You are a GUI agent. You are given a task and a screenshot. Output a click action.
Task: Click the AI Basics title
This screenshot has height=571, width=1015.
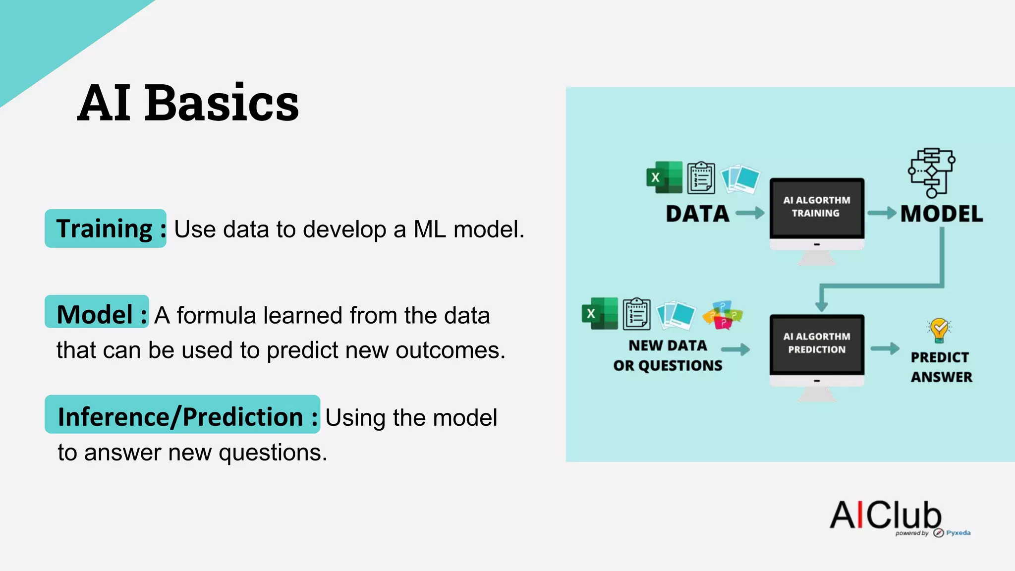(188, 103)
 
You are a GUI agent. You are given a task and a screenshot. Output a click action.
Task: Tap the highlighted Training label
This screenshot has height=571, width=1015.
(106, 229)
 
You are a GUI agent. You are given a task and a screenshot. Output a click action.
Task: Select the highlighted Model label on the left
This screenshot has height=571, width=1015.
(97, 313)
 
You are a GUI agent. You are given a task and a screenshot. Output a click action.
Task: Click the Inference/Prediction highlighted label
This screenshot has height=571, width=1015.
(182, 415)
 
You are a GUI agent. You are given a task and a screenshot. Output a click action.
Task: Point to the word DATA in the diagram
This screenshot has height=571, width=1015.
(697, 214)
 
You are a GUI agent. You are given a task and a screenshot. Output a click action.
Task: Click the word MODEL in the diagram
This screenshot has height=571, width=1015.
(941, 214)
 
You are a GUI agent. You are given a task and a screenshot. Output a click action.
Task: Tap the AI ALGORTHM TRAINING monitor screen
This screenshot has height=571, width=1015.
(816, 207)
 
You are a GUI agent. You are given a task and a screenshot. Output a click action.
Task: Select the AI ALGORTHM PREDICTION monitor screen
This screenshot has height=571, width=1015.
(816, 343)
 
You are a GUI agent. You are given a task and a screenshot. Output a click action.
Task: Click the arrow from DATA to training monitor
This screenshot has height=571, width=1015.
(750, 213)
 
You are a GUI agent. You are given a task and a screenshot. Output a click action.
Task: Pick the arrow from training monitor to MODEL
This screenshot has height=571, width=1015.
(882, 213)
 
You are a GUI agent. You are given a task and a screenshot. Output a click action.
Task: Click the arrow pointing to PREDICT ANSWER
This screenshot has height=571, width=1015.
(885, 348)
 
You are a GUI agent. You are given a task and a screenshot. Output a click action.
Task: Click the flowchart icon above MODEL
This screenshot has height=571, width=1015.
(931, 172)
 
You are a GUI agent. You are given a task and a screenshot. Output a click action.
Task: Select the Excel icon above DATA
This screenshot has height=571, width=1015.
(664, 177)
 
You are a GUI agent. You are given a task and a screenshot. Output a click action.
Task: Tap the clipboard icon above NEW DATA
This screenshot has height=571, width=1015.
(636, 313)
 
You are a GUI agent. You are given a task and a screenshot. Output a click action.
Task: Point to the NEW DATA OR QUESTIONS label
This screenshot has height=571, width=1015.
(668, 355)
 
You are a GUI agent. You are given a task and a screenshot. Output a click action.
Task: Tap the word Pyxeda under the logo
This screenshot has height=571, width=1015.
(958, 533)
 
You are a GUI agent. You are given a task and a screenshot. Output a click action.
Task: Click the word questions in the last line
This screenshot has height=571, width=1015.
(273, 453)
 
